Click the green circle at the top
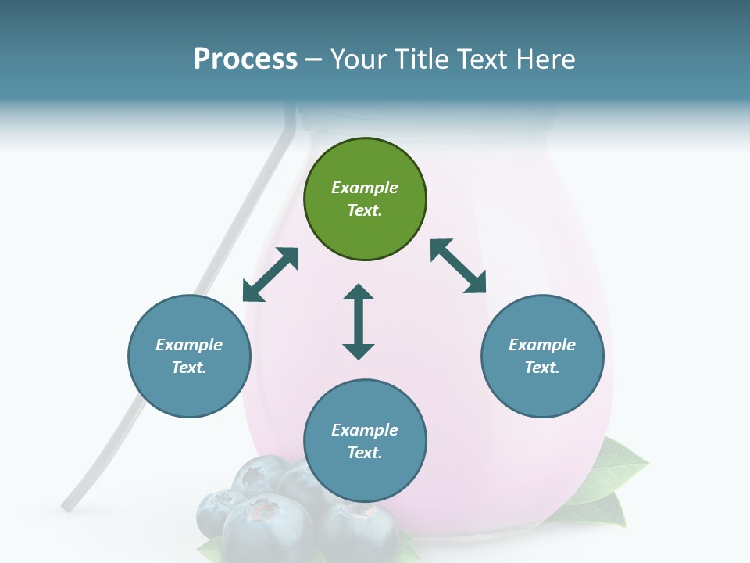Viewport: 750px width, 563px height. point(365,199)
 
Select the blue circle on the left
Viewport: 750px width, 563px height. point(189,357)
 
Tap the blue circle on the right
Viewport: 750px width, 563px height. point(542,357)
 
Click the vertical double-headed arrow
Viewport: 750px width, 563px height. point(359,321)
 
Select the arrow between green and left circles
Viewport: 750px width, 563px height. point(270,274)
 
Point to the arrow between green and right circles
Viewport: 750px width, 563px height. point(459,266)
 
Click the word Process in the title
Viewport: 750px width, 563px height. point(245,59)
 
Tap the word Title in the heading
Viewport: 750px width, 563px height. point(420,59)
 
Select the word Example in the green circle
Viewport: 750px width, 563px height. point(365,188)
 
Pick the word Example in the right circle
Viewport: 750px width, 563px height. point(542,345)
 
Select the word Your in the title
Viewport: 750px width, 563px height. point(352,59)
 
